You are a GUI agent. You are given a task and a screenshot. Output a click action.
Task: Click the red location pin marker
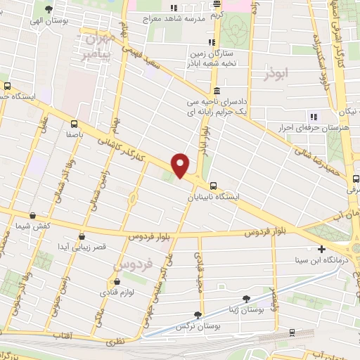point(181,165)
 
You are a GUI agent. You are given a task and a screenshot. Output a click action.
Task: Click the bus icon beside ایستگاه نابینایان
point(213,186)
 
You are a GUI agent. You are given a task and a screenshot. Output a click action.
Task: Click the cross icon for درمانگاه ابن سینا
point(322,249)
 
